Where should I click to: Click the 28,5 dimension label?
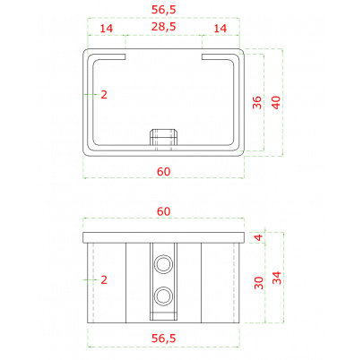(163, 27)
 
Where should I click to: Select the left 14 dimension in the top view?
(107, 29)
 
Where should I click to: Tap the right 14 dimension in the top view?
(220, 29)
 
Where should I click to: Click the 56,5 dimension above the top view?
(163, 10)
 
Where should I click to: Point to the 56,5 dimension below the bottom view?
(163, 339)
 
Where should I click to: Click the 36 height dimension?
(257, 102)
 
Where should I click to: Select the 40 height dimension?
(276, 102)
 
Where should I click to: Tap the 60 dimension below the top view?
(163, 172)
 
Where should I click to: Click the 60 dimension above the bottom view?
(163, 211)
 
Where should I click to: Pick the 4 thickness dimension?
(259, 237)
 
